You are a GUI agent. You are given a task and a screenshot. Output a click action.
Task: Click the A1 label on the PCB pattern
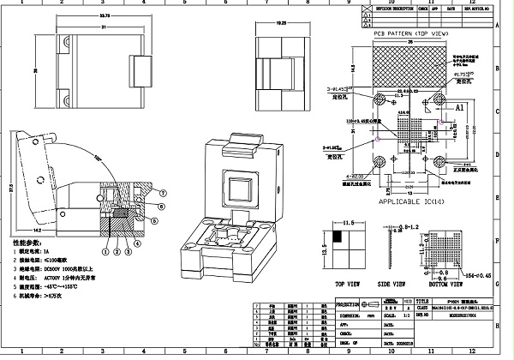pos(458,109)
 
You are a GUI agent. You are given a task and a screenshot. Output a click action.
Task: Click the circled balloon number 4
pos(134,251)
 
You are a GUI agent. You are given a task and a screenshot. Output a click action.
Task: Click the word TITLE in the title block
pos(421,303)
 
